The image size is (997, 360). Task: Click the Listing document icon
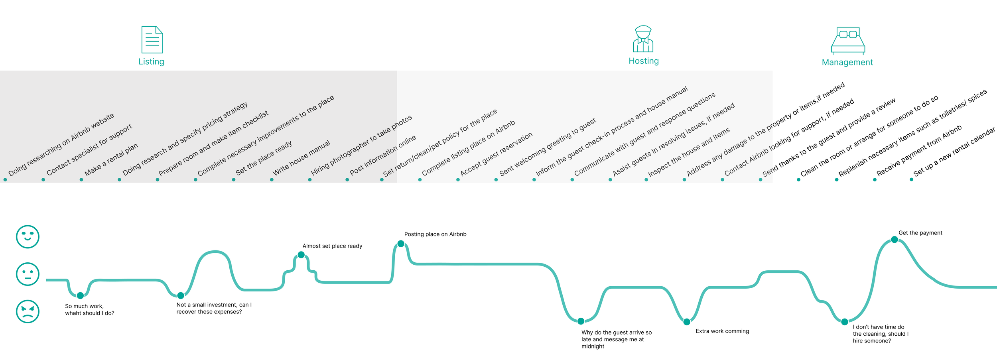152,39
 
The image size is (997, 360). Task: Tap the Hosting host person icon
643,39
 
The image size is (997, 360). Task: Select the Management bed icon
848,41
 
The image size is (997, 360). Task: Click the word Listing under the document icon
151,61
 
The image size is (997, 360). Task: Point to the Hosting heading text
643,61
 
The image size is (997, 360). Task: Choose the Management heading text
847,62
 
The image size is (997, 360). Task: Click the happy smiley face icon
28,237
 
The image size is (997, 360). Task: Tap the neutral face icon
28,274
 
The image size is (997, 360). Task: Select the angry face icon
28,311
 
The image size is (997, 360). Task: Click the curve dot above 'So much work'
80,295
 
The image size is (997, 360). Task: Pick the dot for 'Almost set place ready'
301,255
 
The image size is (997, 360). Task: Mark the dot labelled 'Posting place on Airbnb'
401,244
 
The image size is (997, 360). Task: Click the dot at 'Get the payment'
895,240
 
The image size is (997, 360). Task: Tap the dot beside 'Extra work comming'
687,322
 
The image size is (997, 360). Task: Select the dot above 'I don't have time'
845,322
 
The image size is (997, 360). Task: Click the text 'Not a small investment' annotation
214,308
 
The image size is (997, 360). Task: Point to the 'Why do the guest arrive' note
616,339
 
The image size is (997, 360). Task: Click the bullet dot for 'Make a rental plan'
81,180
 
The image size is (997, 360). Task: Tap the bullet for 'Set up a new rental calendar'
911,179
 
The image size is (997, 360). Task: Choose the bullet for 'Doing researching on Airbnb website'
5,180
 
